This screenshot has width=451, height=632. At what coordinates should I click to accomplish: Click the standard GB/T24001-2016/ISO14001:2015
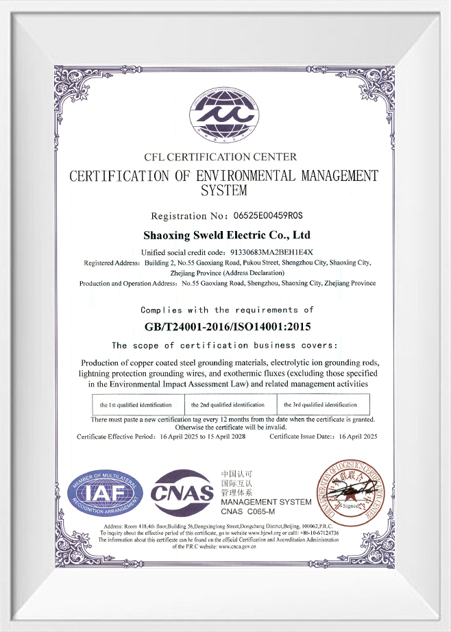click(x=225, y=326)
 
